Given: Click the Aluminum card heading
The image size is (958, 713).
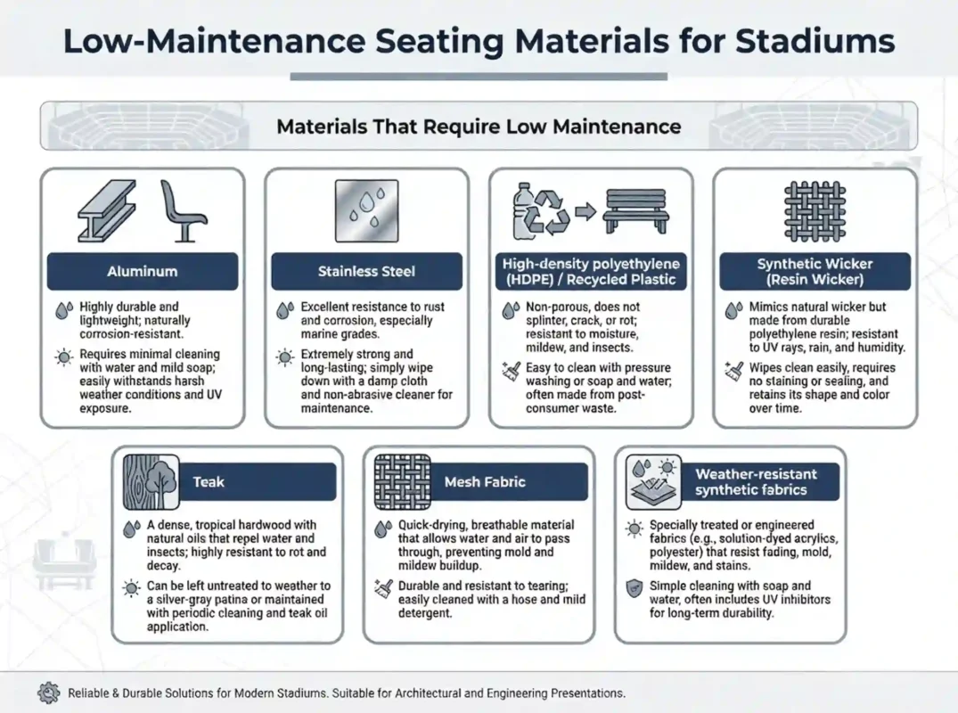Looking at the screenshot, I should [142, 271].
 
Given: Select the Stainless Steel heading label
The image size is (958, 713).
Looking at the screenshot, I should [366, 271].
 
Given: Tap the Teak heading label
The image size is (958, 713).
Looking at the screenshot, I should [209, 481].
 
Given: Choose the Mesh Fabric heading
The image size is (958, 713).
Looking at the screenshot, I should [485, 481].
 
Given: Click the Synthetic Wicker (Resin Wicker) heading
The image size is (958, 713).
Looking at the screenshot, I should [815, 271].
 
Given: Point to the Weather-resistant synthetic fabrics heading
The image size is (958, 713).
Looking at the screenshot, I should [750, 481].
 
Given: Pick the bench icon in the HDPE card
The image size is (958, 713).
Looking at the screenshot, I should [634, 211].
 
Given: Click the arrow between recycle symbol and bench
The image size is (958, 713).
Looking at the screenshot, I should [585, 212].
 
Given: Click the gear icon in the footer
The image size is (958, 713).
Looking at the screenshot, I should [49, 693].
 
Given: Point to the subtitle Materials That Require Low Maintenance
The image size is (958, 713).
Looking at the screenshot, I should [479, 126].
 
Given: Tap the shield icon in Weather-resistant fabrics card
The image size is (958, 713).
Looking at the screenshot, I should [634, 586].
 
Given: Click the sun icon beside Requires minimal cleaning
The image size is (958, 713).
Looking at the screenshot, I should [62, 357].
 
